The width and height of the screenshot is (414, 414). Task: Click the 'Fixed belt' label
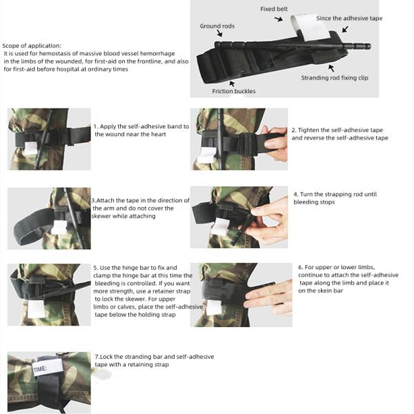point(275,9)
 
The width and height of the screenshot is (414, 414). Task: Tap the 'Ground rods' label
point(217,26)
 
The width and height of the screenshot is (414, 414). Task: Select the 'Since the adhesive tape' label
point(349,18)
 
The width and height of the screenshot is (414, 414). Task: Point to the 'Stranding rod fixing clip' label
point(335,78)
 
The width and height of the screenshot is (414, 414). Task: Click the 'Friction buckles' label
point(233,91)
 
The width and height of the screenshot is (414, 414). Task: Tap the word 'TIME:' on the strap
point(39,370)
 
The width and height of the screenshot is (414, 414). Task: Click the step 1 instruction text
point(131,130)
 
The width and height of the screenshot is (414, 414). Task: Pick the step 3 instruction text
point(132,208)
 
